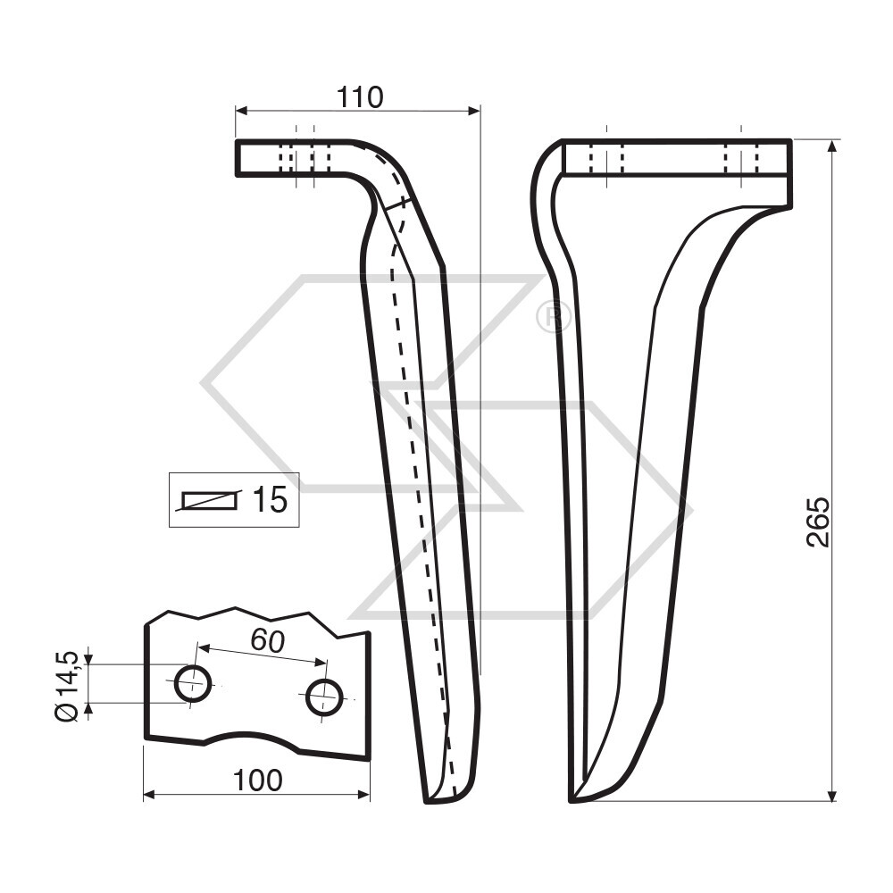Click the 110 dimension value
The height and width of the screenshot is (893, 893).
point(359,96)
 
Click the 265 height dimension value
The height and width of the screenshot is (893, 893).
point(818,522)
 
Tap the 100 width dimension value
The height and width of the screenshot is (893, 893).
point(257,780)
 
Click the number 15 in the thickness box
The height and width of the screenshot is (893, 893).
point(268,500)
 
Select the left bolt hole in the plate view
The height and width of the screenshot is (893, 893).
point(192,684)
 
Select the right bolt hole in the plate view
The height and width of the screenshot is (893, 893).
point(324,697)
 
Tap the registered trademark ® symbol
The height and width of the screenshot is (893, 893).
point(553,317)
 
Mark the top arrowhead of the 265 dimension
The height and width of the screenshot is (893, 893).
point(832,145)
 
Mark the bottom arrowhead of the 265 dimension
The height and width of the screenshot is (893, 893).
point(832,796)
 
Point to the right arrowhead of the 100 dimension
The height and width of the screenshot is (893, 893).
point(364,795)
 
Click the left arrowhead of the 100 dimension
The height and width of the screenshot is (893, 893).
point(149,795)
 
